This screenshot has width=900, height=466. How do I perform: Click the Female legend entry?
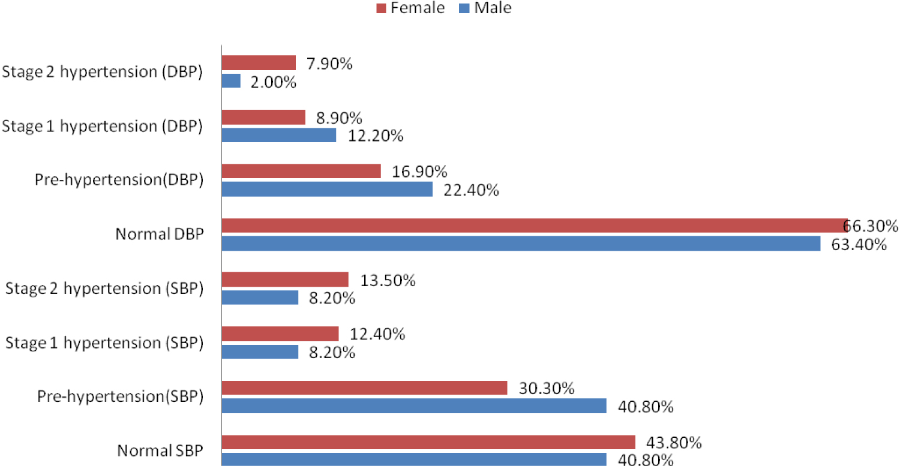(410, 8)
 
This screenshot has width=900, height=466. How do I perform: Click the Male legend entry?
(485, 8)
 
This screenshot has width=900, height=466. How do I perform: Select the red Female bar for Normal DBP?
(534, 226)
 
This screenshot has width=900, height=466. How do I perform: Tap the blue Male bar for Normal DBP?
(521, 243)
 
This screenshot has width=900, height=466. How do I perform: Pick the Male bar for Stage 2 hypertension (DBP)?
(231, 81)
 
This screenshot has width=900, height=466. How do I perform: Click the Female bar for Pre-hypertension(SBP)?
(364, 388)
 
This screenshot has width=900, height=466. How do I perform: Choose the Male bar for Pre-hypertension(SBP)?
(414, 406)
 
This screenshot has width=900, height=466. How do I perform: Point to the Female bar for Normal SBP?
(428, 442)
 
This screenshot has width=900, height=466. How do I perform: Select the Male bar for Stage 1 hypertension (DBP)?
(279, 135)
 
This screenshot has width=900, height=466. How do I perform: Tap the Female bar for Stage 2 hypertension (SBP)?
(285, 279)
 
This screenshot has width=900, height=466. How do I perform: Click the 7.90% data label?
(329, 63)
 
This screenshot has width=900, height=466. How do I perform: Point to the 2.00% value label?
(274, 82)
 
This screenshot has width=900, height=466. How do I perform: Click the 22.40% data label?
(472, 190)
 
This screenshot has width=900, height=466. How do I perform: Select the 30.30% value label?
(547, 389)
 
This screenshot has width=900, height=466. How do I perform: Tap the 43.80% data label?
(674, 443)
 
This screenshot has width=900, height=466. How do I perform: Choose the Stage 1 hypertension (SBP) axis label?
(104, 343)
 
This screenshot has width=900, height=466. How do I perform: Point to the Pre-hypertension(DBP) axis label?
(119, 180)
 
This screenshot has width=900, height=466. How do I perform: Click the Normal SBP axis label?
(160, 450)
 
